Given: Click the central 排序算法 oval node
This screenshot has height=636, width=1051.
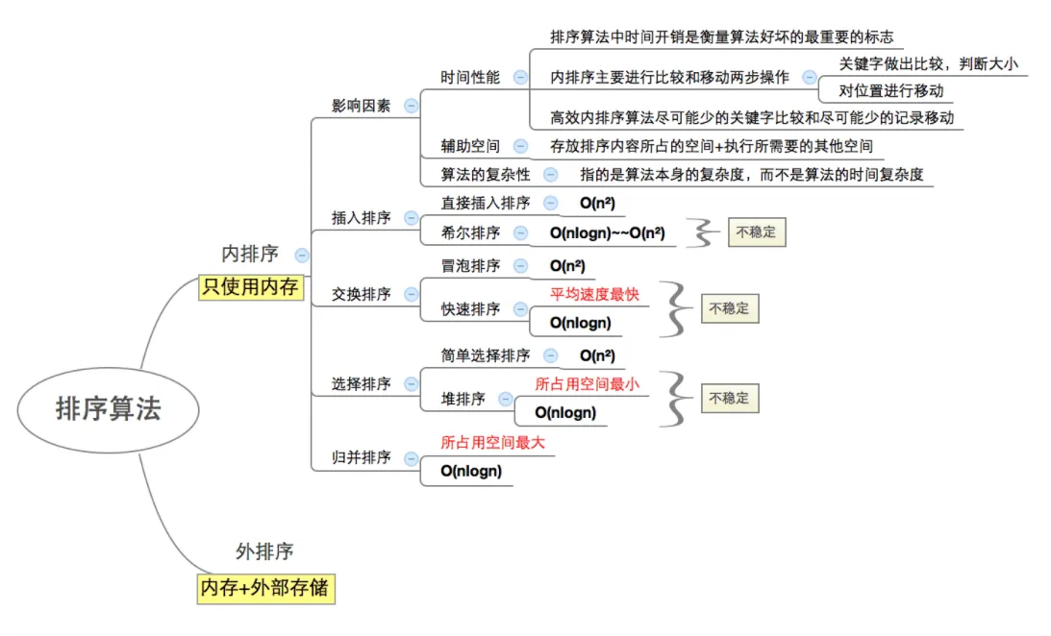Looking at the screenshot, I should [108, 409].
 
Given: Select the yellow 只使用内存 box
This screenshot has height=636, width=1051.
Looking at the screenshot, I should [250, 286].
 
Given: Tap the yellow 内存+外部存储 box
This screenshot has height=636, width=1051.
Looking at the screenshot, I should [265, 588].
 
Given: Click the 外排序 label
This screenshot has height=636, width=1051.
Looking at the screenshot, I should [264, 551].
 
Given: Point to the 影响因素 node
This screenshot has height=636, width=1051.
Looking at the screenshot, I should [361, 106].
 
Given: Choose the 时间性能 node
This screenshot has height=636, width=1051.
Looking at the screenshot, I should [470, 77].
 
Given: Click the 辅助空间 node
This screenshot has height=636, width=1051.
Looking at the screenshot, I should [470, 146].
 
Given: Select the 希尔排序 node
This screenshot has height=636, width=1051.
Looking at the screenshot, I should [470, 232].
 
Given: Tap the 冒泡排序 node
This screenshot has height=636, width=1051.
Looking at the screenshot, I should [470, 265].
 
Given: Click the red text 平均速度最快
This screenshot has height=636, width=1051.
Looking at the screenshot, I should [594, 294].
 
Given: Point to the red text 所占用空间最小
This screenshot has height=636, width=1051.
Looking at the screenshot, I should [587, 384].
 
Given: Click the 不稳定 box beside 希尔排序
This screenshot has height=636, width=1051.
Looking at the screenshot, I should [756, 232].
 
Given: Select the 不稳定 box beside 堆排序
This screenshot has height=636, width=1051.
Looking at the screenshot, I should [729, 398].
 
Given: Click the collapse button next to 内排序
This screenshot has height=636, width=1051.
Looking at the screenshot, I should [302, 255].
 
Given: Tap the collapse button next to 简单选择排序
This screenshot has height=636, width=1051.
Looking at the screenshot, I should [550, 355].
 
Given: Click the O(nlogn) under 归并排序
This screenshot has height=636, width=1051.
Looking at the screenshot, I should [471, 471].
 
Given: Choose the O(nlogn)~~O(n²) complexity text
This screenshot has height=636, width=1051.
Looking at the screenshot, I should [608, 232].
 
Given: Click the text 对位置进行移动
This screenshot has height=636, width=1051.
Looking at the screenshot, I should [891, 91].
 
